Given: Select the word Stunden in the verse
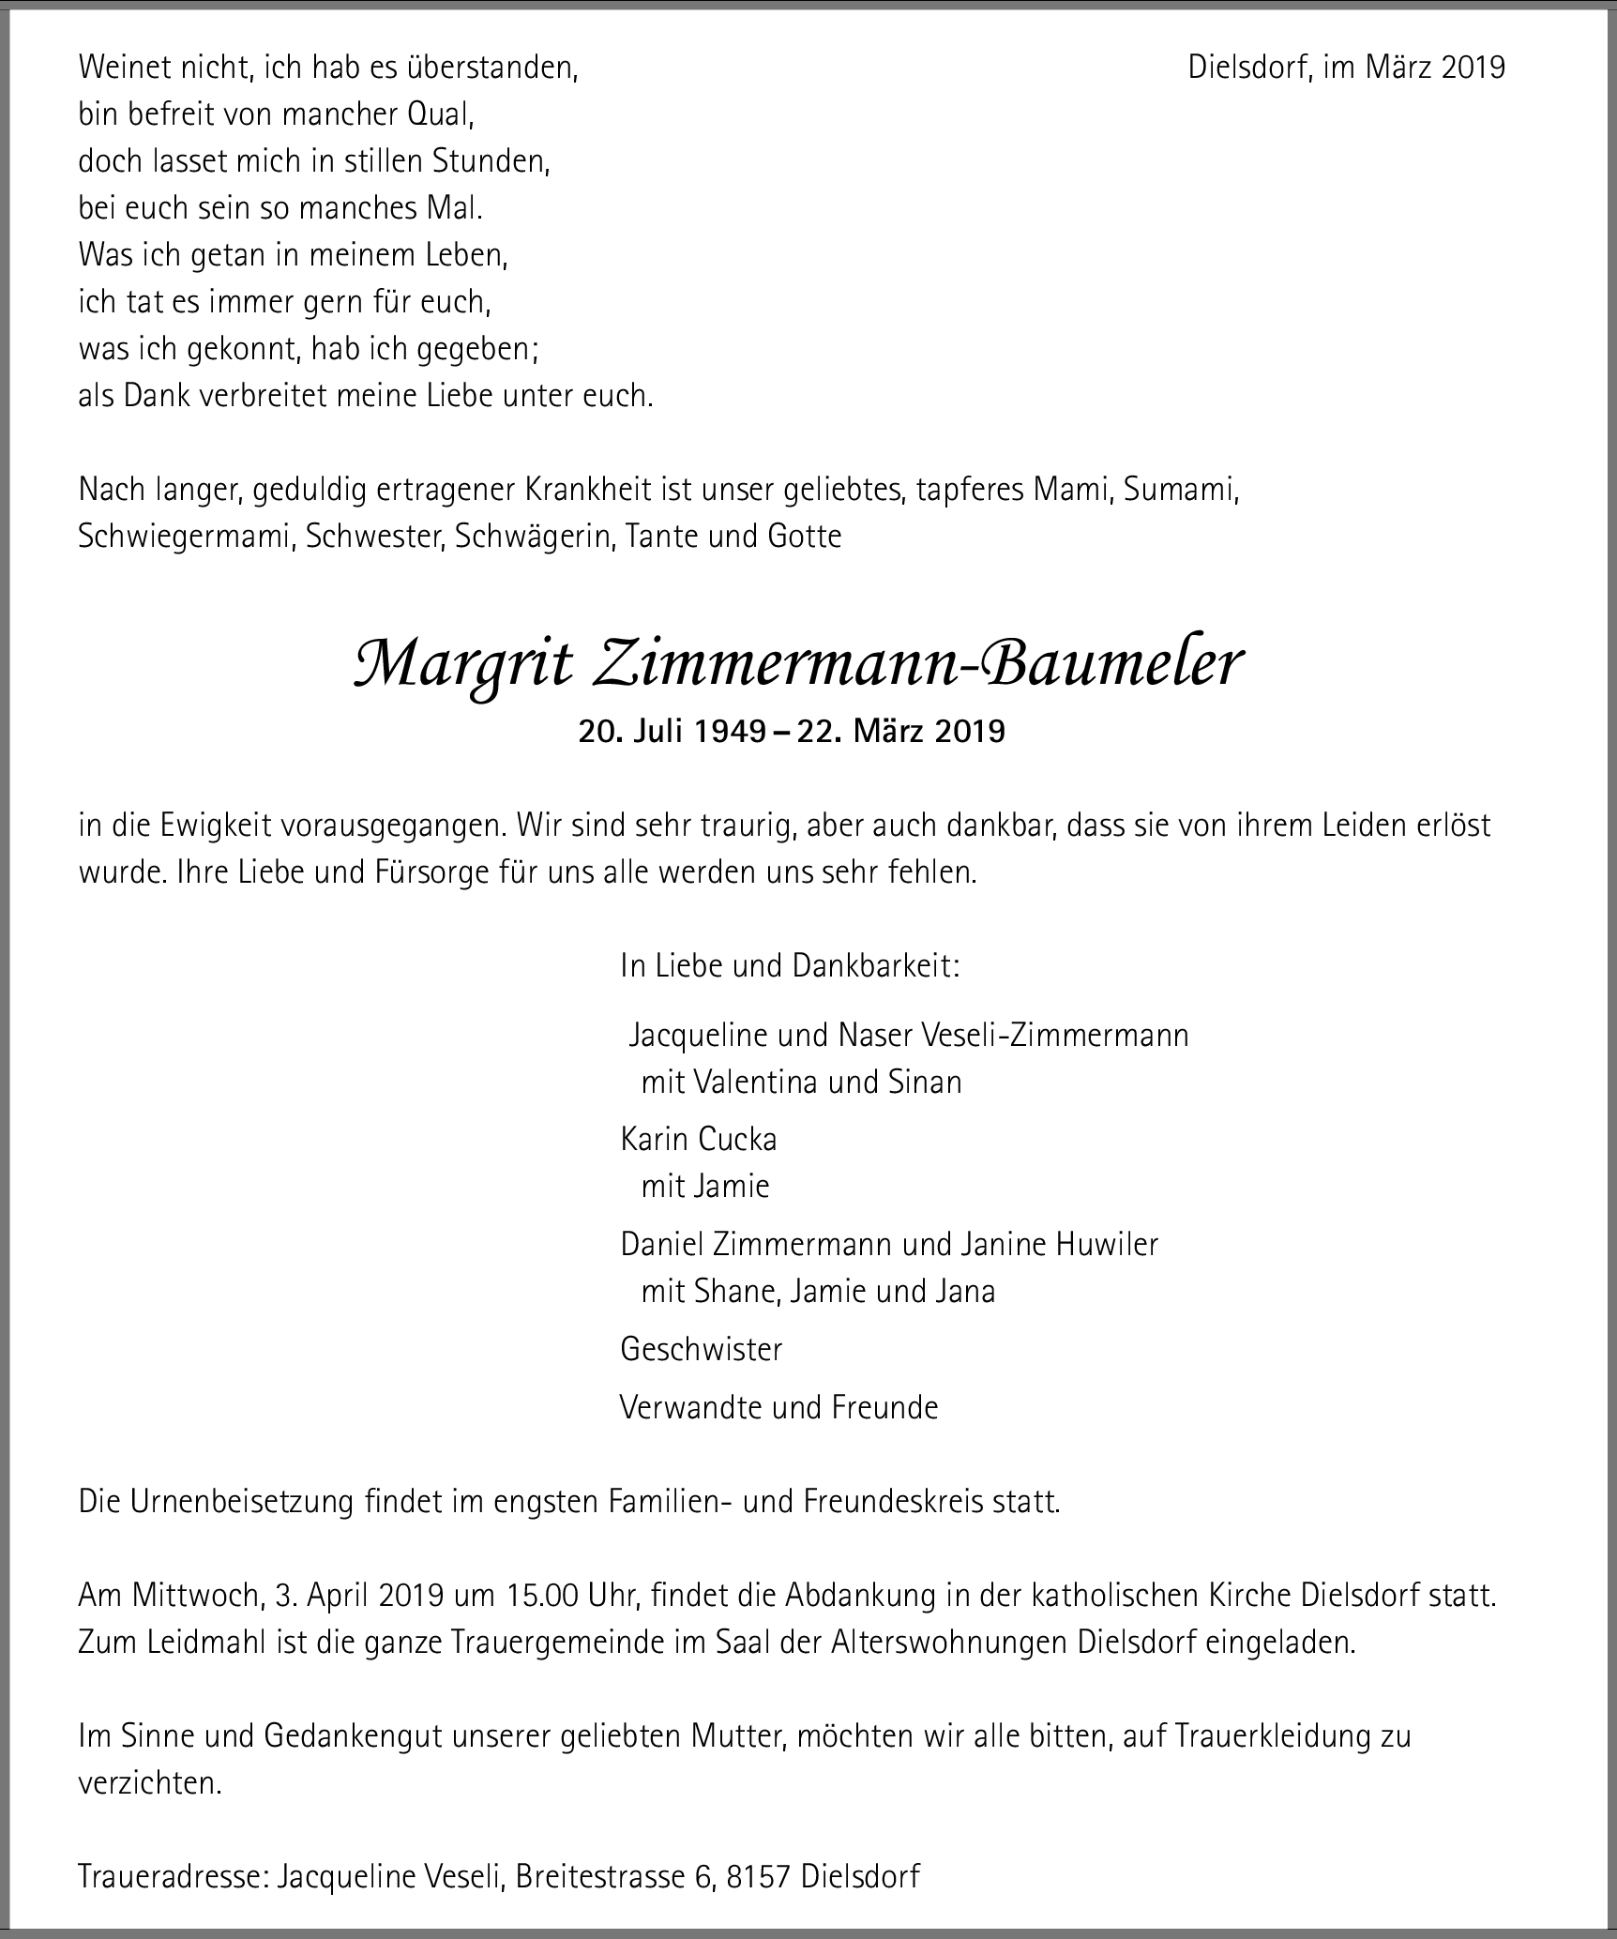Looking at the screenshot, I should click(490, 161).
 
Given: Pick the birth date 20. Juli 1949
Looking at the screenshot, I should click(672, 731).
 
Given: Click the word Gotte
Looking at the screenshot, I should click(804, 537).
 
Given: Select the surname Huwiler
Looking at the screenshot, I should click(1107, 1244).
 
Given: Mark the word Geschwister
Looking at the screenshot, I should click(701, 1349).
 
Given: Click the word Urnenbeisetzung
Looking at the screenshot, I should click(243, 1502).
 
